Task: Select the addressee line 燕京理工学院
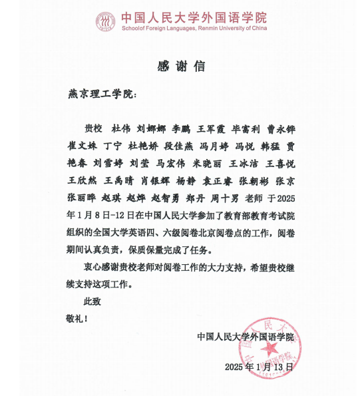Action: [x=100, y=95]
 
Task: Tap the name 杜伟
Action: [x=121, y=128]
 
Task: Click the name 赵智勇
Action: [x=164, y=198]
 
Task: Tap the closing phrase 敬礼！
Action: [x=77, y=319]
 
